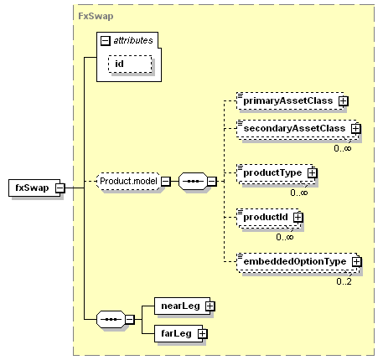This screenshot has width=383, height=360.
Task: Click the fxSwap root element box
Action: coord(34,188)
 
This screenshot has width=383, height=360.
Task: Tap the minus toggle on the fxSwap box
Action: coord(60,188)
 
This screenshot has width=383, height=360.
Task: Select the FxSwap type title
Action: coord(96,16)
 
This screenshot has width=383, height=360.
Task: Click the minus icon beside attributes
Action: coord(105,41)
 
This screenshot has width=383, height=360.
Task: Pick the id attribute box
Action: coord(130,64)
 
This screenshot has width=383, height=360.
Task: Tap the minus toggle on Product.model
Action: coord(166,182)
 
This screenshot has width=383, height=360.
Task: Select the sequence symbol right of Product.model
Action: coord(193,182)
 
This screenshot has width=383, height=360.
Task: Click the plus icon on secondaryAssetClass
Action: coord(356,129)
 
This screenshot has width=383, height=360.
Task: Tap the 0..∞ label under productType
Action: coord(299,193)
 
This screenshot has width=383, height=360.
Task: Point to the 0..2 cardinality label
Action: coord(344,281)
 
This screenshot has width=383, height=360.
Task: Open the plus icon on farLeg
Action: coord(203,334)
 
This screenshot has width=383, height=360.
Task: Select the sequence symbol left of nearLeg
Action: coord(111,319)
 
